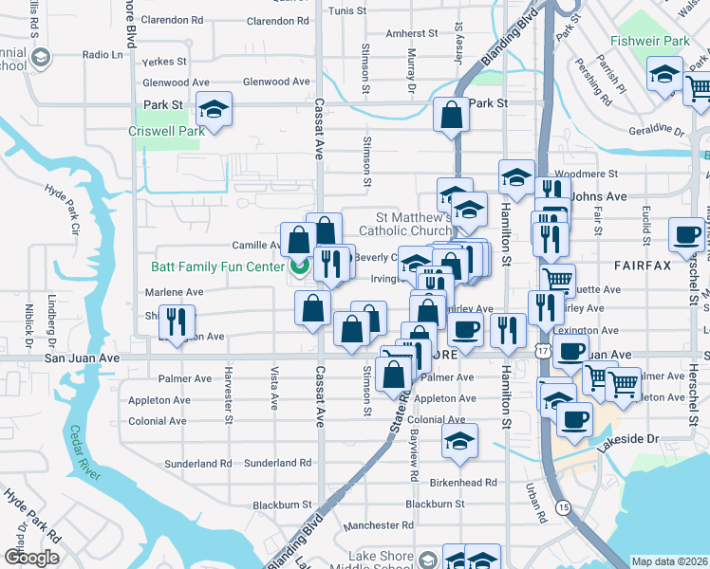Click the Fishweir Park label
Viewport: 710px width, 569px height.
click(x=650, y=42)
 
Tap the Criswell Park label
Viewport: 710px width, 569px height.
click(x=167, y=132)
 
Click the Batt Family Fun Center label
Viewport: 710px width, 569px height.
click(x=217, y=267)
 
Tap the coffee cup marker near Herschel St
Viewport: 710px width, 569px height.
click(x=686, y=235)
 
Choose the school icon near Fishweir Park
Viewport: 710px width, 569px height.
click(x=664, y=73)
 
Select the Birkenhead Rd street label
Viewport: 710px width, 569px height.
click(x=464, y=482)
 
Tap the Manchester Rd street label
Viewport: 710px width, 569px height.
click(x=379, y=524)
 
